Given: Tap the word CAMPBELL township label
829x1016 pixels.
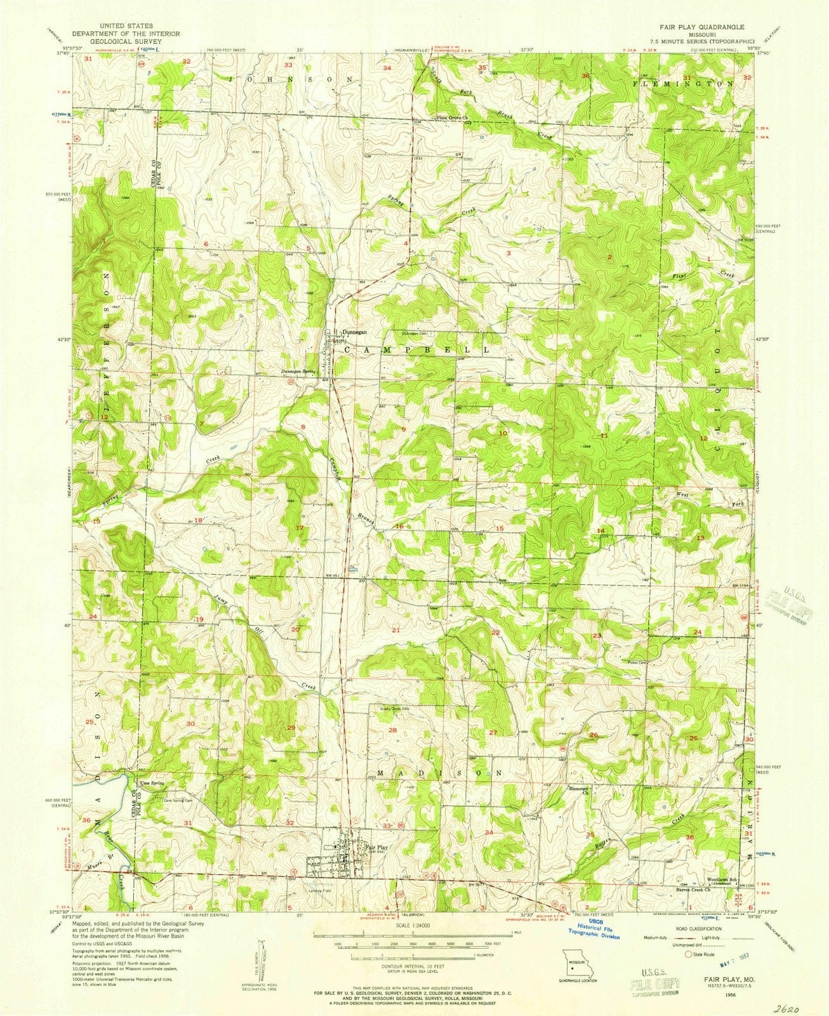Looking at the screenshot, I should (x=416, y=350).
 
